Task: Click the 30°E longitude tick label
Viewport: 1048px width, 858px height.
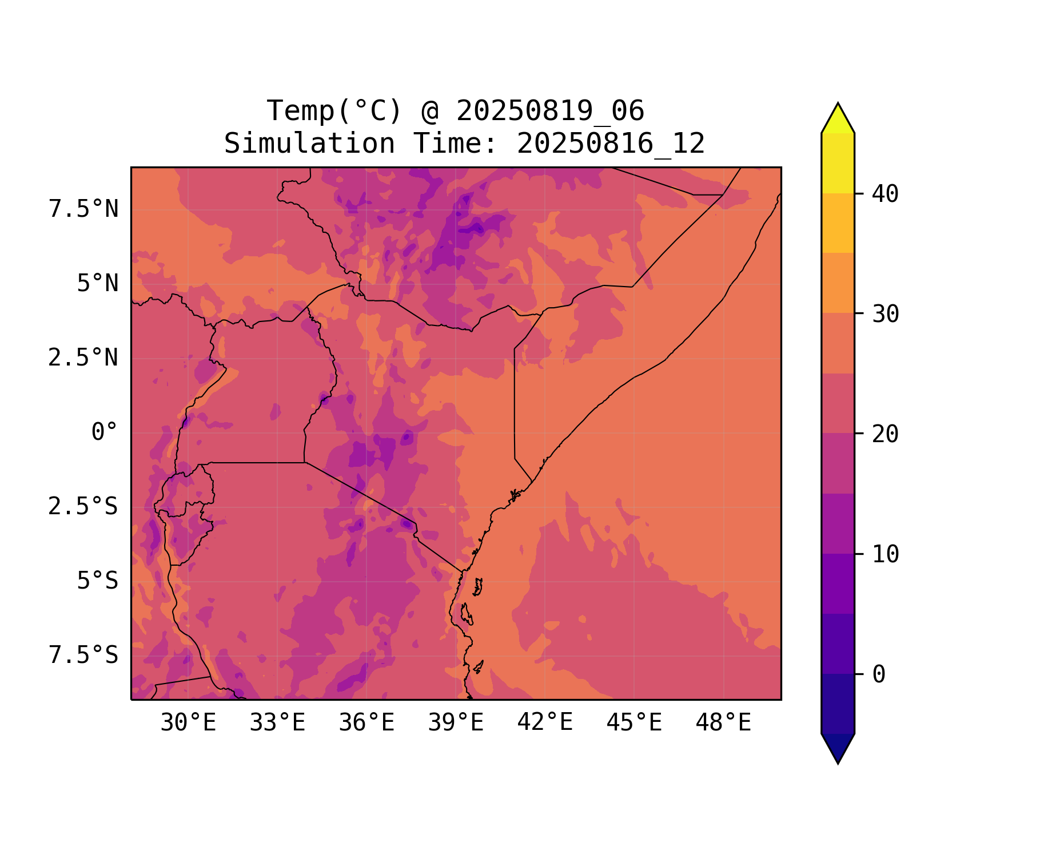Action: pyautogui.click(x=188, y=723)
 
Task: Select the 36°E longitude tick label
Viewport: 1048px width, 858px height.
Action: pyautogui.click(x=366, y=723)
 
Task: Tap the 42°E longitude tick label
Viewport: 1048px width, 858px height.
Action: pyautogui.click(x=545, y=723)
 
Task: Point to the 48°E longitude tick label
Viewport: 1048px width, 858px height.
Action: pyautogui.click(x=723, y=723)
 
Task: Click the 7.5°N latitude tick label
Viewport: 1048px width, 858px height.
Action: pyautogui.click(x=83, y=209)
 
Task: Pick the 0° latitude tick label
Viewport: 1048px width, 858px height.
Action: pyautogui.click(x=105, y=432)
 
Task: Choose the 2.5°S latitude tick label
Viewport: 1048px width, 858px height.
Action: pyautogui.click(x=83, y=506)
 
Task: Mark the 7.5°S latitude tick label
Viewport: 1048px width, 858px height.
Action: pyautogui.click(x=83, y=655)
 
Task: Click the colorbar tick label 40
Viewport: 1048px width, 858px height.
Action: pyautogui.click(x=885, y=194)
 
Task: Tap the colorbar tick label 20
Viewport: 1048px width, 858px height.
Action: pyautogui.click(x=885, y=434)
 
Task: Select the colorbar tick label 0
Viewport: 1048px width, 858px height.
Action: pyautogui.click(x=879, y=674)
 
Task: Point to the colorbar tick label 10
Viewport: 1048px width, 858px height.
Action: pyautogui.click(x=885, y=554)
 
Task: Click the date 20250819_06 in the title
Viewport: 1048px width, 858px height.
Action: pyautogui.click(x=550, y=110)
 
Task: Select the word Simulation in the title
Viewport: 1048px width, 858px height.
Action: pyautogui.click(x=309, y=144)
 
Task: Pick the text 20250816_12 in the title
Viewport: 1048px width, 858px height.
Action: pyautogui.click(x=611, y=144)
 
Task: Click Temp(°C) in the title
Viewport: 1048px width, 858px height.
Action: pyautogui.click(x=334, y=110)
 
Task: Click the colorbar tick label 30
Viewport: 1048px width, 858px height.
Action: pyautogui.click(x=885, y=314)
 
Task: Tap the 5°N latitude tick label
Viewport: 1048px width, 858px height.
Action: pyautogui.click(x=98, y=284)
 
